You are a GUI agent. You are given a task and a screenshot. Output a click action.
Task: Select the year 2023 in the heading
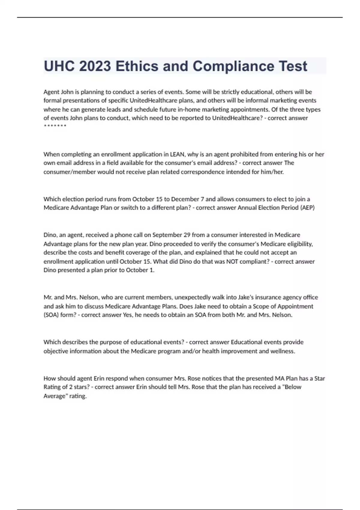click(95, 66)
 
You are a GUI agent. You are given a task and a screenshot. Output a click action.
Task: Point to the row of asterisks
click(55, 126)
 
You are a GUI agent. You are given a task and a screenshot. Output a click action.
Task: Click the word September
click(166, 235)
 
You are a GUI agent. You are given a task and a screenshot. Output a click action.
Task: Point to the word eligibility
click(299, 244)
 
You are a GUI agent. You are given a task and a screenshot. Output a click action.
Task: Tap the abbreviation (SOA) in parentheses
click(51, 315)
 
